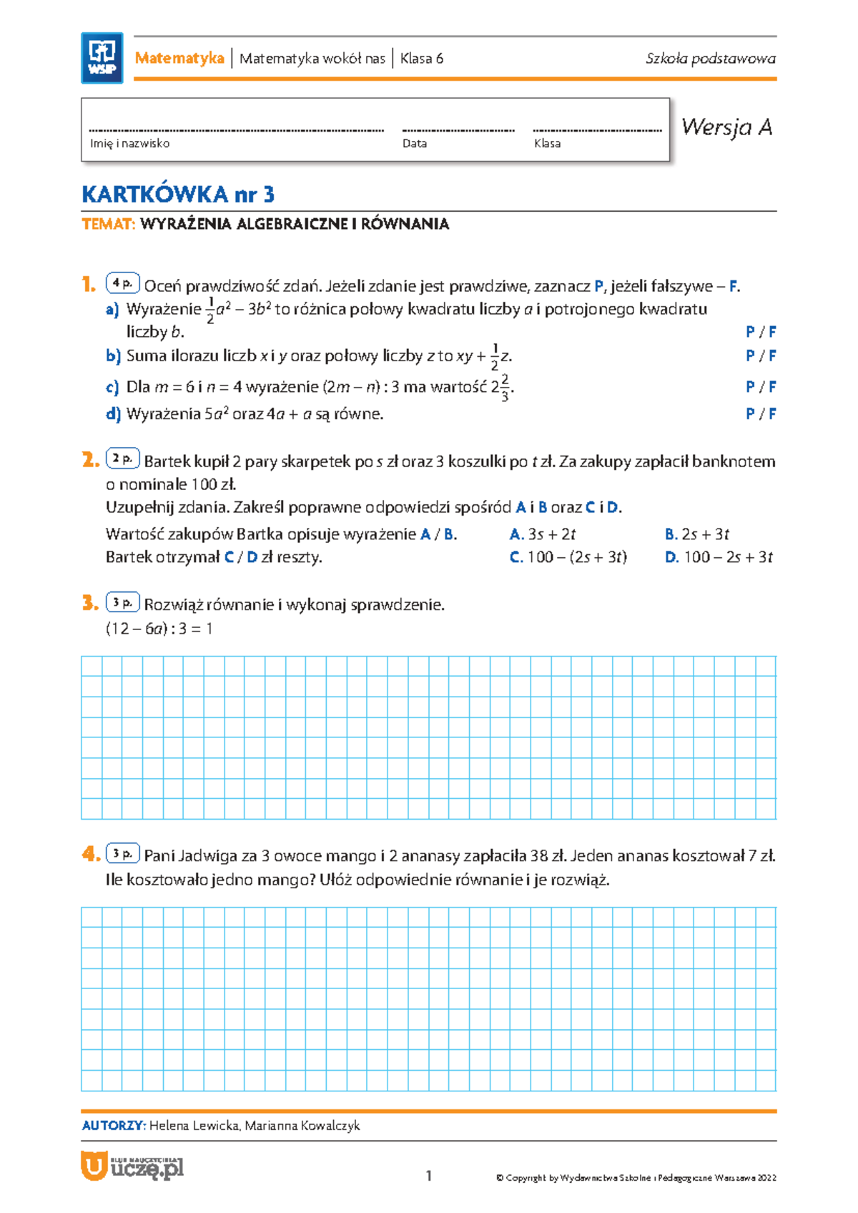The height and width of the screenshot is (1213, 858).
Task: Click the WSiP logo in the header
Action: [102, 58]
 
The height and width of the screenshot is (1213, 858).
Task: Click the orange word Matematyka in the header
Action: [179, 59]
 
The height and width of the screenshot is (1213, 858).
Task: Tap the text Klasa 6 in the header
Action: [421, 59]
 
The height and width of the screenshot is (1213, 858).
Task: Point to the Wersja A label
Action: [726, 127]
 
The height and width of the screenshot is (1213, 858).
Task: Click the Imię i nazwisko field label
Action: [129, 144]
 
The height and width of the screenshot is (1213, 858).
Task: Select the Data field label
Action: [415, 144]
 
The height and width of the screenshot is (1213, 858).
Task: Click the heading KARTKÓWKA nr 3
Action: [178, 195]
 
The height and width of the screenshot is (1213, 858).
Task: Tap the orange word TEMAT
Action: [108, 225]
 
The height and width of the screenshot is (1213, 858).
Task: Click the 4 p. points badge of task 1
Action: [123, 284]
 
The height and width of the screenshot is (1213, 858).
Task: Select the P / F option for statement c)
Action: [761, 387]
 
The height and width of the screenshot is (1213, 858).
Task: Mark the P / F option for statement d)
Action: [761, 414]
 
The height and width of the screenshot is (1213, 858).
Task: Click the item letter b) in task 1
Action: [113, 356]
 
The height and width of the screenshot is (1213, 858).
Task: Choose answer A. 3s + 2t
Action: [543, 534]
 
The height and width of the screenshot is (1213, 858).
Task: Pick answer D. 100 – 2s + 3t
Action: [719, 557]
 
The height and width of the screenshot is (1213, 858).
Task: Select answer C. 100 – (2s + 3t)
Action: [568, 557]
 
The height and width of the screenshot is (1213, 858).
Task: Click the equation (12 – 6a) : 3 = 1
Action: [159, 629]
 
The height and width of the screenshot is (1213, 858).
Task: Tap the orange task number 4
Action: [90, 853]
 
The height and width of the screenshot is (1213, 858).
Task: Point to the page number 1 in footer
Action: [429, 1176]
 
